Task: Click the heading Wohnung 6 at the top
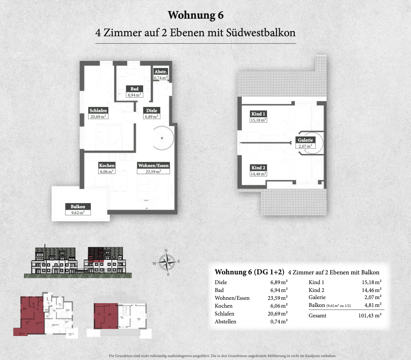(x=195, y=15)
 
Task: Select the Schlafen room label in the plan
(x=98, y=110)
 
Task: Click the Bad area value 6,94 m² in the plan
(x=134, y=95)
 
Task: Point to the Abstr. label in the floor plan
(x=161, y=72)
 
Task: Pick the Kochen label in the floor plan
(x=106, y=166)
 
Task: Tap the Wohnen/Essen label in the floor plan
(x=154, y=166)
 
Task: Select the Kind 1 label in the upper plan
(x=258, y=114)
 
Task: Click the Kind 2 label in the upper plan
(x=258, y=168)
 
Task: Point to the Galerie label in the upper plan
(x=305, y=140)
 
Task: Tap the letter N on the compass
(x=166, y=251)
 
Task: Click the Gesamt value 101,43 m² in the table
(x=367, y=316)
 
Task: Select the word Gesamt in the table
(x=317, y=316)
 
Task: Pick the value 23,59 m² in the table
(x=274, y=298)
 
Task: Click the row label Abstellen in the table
(x=225, y=321)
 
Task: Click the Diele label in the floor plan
(x=152, y=110)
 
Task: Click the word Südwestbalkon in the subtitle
(x=261, y=33)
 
